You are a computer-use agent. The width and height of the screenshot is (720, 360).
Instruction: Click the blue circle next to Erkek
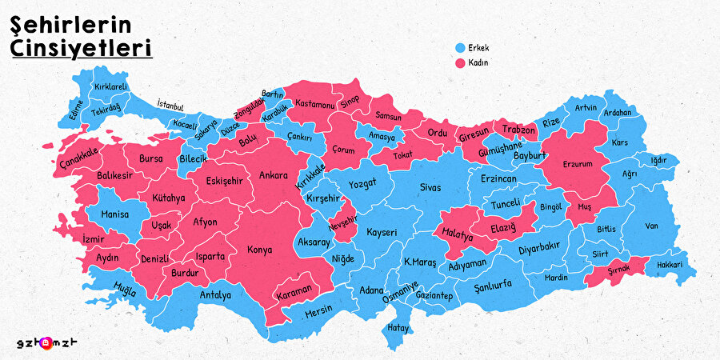tap(459, 47)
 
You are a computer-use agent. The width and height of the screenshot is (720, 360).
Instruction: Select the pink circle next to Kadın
tap(459, 62)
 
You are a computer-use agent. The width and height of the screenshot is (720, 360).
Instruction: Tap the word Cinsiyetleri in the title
tap(81, 48)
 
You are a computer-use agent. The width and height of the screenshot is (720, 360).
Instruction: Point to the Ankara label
tap(274, 175)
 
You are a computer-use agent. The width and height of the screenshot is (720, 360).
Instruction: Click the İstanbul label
tap(170, 105)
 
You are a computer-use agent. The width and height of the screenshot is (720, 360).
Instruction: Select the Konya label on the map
tap(259, 250)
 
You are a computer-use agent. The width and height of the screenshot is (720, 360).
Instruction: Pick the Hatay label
tap(398, 327)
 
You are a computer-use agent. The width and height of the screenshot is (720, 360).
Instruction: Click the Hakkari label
tap(669, 265)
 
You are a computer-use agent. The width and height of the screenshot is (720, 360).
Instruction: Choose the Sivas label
tap(430, 186)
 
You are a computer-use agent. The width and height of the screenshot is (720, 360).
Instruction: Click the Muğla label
tap(124, 289)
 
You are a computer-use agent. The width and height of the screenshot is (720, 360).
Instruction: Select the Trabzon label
tap(518, 130)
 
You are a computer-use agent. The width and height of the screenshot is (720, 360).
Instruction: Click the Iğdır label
tap(658, 160)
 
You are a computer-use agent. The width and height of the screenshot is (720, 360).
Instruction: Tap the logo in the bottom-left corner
tap(50, 342)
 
